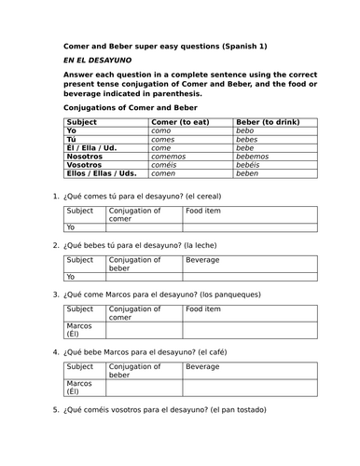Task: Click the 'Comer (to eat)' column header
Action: point(179,121)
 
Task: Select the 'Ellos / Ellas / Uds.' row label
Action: point(103,172)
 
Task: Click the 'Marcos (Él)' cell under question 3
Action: point(79,329)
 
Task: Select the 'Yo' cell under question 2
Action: point(71,277)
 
